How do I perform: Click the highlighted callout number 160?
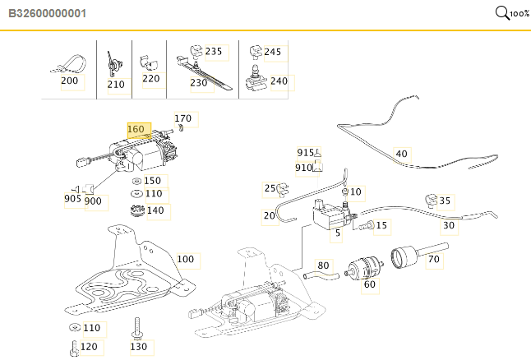[136, 129]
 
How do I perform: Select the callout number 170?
[182, 118]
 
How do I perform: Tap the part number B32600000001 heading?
[47, 13]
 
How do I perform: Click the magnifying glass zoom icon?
[502, 13]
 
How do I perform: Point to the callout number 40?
[402, 154]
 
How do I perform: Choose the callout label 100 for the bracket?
[186, 260]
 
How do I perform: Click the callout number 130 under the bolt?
[139, 347]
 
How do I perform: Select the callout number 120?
[89, 347]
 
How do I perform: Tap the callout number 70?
[434, 260]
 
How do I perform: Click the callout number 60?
[369, 284]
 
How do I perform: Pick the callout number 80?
[323, 265]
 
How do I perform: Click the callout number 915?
[306, 153]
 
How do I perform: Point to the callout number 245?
[273, 52]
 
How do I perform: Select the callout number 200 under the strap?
[69, 81]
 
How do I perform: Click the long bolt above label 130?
[136, 329]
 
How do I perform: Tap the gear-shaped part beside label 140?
[137, 210]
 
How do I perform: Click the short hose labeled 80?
[321, 276]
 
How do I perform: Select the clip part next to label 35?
[431, 201]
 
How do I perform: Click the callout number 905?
[72, 198]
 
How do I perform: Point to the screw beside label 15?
[367, 225]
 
